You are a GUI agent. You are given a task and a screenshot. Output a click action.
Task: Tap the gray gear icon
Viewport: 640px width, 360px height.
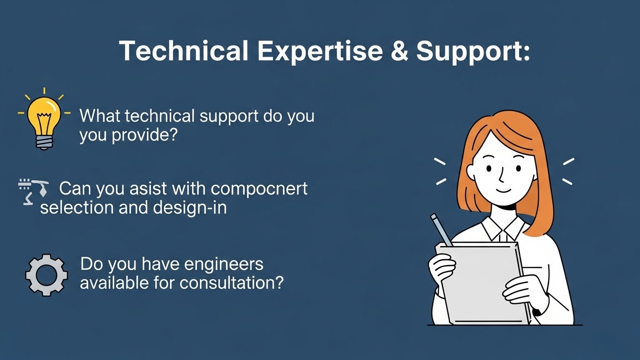[46, 275]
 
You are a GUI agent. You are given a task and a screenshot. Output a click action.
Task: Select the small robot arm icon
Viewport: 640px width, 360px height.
[33, 192]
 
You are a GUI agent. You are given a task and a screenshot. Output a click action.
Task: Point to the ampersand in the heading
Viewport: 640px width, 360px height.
[399, 50]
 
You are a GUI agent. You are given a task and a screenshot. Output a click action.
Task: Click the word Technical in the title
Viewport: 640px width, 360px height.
[183, 50]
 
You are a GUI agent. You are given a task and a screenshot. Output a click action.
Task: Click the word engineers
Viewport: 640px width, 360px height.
[224, 265]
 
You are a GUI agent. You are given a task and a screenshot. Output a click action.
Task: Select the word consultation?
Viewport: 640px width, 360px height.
[232, 283]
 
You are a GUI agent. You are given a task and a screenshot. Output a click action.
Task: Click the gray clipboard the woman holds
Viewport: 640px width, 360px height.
[483, 283]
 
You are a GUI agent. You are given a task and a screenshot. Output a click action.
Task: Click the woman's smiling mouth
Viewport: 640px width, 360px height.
[504, 191]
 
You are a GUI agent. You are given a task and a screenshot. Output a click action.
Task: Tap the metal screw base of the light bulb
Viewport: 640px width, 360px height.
[44, 142]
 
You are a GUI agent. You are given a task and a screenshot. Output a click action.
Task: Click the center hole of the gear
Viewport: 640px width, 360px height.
[46, 275]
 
